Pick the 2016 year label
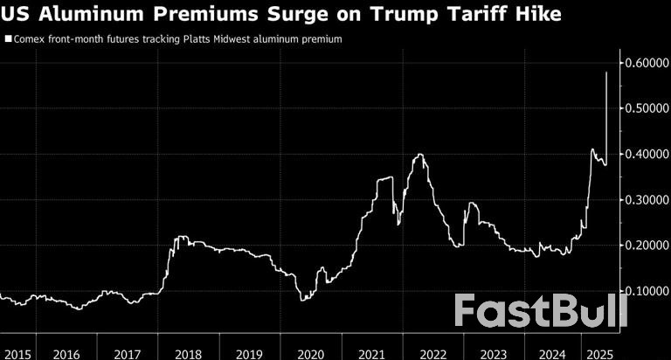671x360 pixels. tap(66, 353)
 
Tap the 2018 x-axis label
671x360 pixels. tap(188, 353)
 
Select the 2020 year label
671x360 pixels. tap(310, 353)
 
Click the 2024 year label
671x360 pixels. tap(553, 353)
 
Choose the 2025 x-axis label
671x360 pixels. tap(599, 353)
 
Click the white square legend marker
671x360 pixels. tap(9, 39)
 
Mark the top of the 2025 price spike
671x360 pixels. tap(607, 73)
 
